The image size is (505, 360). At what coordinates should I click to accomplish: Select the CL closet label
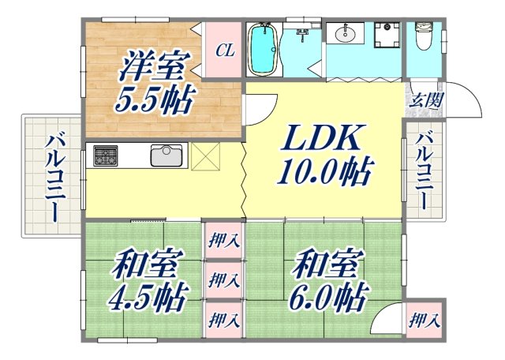[x=224, y=51]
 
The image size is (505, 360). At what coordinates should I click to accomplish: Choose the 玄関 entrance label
[x=425, y=100]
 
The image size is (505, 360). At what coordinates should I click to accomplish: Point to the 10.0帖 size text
[x=324, y=171]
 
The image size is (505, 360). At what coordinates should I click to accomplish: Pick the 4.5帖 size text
[x=148, y=299]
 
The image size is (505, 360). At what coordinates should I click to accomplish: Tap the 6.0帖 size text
[x=327, y=299]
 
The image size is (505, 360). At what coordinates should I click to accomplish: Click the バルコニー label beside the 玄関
[x=425, y=171]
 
